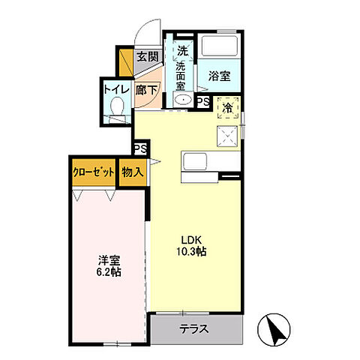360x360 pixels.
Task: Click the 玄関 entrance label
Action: pos(148,57)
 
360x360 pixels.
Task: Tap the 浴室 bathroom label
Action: pos(218,76)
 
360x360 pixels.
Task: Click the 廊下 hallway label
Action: pos(146,90)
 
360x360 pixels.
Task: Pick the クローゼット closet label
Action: pos(94,172)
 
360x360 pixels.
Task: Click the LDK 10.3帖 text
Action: pos(191,247)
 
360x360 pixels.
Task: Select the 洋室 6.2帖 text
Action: pos(109,266)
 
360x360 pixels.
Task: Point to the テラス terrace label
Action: pos(193,328)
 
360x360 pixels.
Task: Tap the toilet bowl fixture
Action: pos(115,109)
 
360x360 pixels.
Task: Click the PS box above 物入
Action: pos(139,149)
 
